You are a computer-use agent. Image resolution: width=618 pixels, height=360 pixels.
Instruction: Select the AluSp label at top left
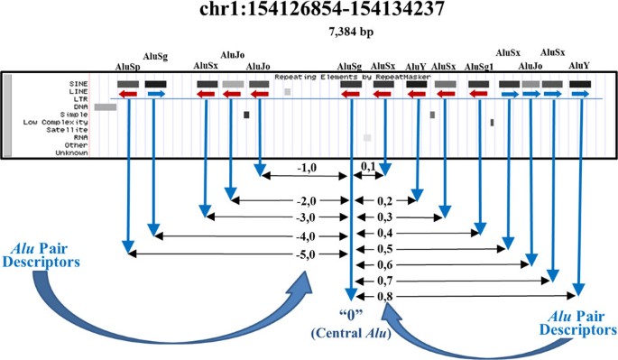128,67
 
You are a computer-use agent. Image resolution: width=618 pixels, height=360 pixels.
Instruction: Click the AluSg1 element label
478,67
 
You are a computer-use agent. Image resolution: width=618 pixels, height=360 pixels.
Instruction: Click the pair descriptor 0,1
367,168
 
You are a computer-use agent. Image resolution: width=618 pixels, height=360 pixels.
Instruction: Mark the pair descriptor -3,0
309,217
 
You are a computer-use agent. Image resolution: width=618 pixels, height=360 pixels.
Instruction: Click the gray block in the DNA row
105,107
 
